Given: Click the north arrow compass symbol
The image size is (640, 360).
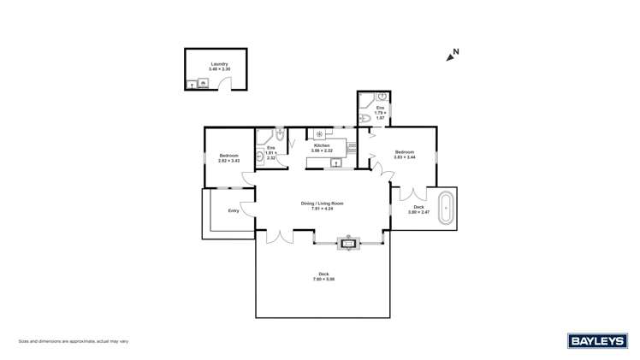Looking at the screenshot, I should [451, 56].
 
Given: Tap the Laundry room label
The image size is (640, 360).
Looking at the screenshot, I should [220, 64].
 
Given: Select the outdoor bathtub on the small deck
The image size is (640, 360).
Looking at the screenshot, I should [446, 209].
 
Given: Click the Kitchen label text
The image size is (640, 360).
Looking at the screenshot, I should [322, 146].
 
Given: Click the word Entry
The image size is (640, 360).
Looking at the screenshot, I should [233, 210].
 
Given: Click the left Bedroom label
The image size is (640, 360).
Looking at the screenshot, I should [228, 155].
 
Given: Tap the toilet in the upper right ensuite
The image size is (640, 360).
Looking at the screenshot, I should [364, 118].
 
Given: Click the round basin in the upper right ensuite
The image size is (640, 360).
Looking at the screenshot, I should [382, 97].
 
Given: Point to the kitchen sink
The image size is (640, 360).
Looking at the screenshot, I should [337, 162].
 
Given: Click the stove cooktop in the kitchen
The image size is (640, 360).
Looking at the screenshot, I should [319, 133].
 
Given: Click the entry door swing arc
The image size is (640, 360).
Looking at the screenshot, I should [246, 208].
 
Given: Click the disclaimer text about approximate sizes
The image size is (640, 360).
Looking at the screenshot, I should [74, 341].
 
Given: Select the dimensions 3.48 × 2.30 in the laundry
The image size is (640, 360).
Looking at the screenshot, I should [220, 69].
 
